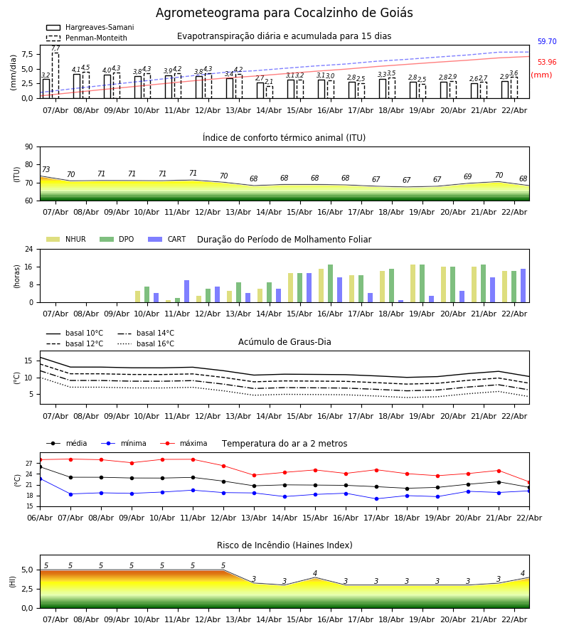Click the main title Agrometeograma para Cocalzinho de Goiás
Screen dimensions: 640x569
click(284, 14)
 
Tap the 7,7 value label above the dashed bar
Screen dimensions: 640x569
click(55, 48)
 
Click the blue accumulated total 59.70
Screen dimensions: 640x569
click(547, 42)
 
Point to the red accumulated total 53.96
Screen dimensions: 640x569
click(547, 63)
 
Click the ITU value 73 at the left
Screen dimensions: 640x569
click(46, 170)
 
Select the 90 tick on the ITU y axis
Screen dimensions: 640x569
click(28, 147)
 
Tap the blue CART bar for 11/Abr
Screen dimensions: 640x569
click(186, 292)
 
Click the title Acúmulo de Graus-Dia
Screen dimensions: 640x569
click(284, 342)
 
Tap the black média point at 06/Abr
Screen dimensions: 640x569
click(40, 466)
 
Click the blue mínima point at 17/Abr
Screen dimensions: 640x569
click(376, 498)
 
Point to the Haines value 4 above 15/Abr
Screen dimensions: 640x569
click(315, 574)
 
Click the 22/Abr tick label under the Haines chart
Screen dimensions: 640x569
click(514, 619)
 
